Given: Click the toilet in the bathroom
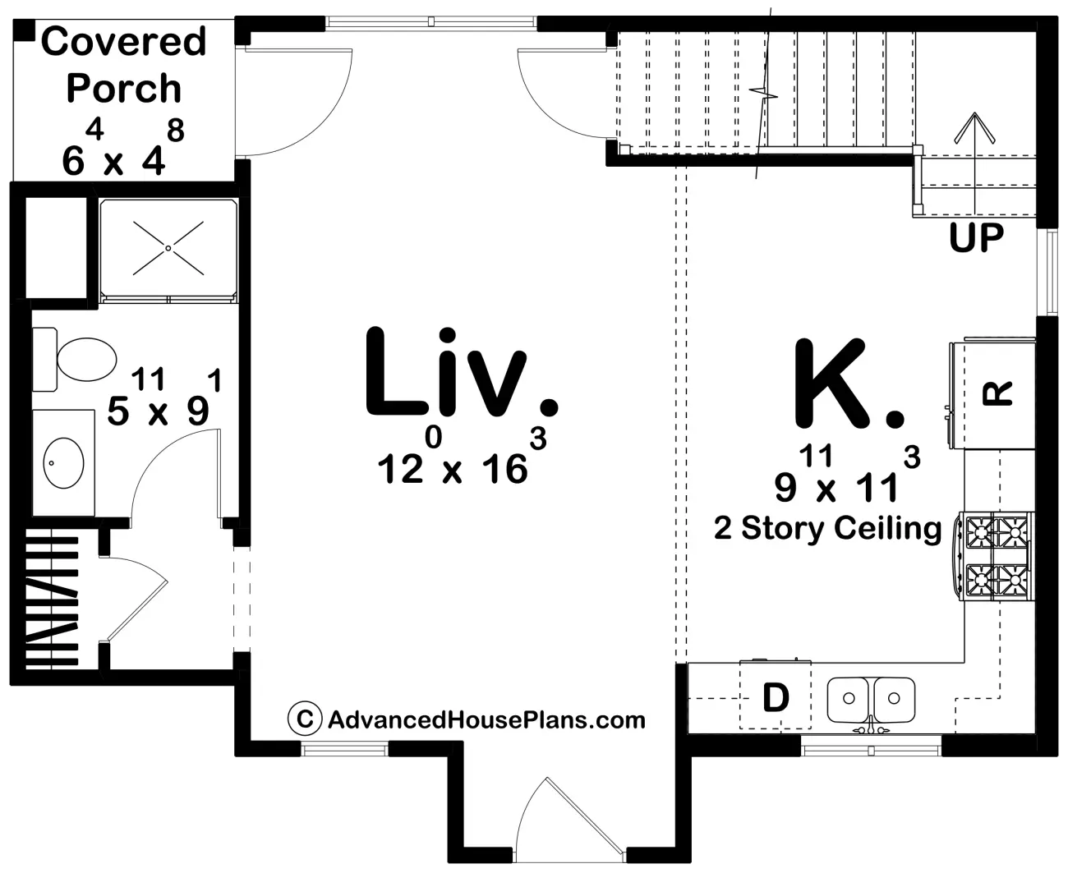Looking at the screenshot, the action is tap(75, 359).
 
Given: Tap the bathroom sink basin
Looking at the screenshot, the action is tap(64, 463).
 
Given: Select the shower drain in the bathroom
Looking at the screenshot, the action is tap(168, 248).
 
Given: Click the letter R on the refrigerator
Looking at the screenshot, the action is tap(997, 394).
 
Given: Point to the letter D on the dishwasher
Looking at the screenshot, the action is tap(776, 698).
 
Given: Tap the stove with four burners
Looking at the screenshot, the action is tap(993, 555).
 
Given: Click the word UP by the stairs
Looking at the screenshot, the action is tap(976, 237).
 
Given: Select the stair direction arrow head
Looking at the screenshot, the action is tap(974, 127).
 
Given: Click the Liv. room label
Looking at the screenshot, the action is tap(462, 373).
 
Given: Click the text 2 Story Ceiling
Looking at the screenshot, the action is tap(827, 529).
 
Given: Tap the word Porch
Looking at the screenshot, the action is tap(123, 88).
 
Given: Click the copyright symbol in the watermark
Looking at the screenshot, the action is tap(304, 718).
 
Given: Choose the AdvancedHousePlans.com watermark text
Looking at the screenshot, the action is tap(486, 719).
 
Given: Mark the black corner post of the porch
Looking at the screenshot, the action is tap(23, 30).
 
